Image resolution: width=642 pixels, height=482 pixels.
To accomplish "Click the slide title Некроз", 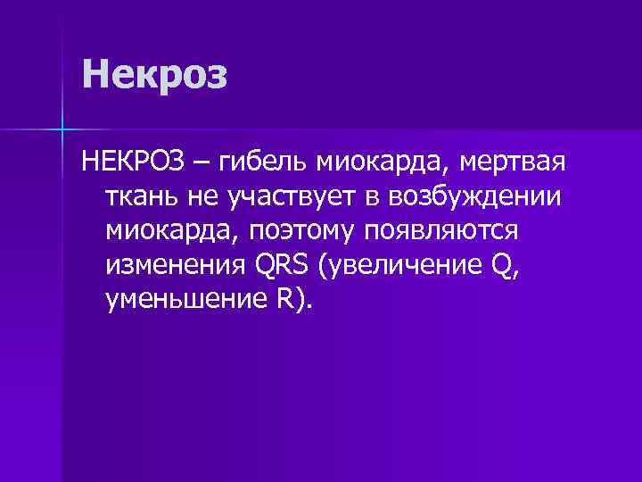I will pos(154,75).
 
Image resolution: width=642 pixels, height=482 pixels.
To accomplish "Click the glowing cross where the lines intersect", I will pos(63,129).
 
